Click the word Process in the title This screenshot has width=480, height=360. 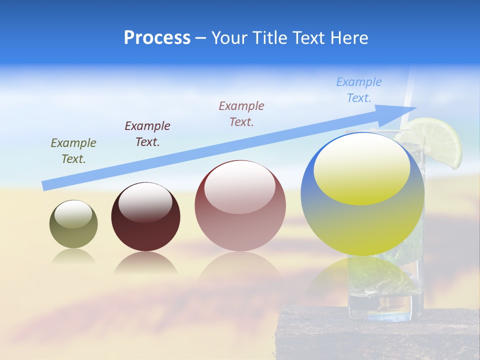157,37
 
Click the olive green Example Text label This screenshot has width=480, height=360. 73,151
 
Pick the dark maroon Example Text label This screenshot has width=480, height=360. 147,134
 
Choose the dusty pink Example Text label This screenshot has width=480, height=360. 241,113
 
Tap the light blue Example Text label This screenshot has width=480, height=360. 359,90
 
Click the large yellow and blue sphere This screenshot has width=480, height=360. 362,225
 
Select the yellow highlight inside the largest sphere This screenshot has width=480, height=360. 362,170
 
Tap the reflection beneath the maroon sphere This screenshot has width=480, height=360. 145,263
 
